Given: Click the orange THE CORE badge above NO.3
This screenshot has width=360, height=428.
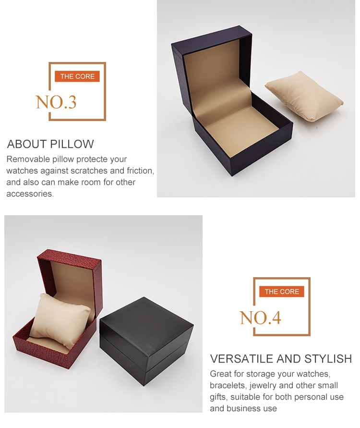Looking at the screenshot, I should coord(77,76).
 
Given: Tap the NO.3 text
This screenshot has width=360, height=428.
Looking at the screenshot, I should coord(56,102).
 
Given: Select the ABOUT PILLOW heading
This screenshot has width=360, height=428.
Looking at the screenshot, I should coord(50,144).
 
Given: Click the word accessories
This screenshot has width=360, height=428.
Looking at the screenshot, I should coord(29,194).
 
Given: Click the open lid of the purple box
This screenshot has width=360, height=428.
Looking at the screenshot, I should coord(211,77).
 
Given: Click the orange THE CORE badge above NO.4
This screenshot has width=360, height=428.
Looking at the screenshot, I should coord(282,292).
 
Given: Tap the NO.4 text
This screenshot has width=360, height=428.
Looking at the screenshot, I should coord(260,318).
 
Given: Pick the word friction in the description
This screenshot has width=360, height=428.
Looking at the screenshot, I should coord(140,171).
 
